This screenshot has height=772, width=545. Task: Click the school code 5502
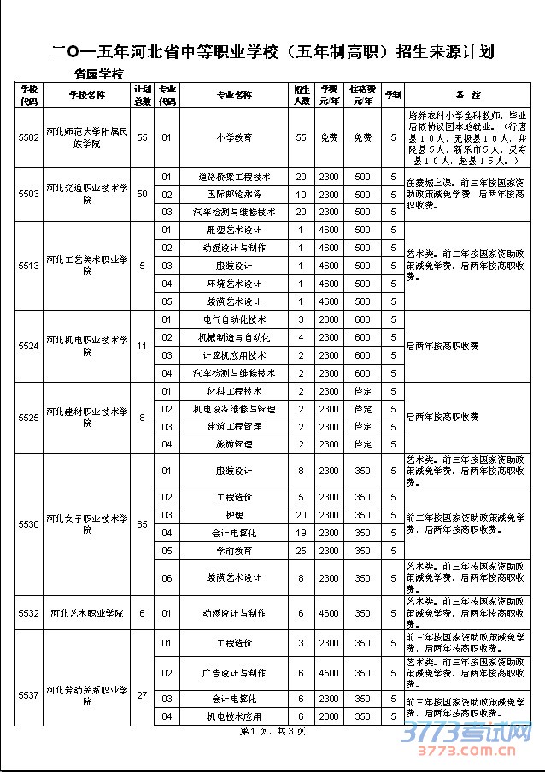tap(28, 137)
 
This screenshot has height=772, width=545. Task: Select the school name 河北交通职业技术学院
tap(86, 193)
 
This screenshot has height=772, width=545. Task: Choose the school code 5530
tap(28, 523)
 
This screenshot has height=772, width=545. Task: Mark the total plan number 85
tap(142, 523)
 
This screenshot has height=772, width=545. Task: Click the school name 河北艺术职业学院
tap(86, 613)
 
